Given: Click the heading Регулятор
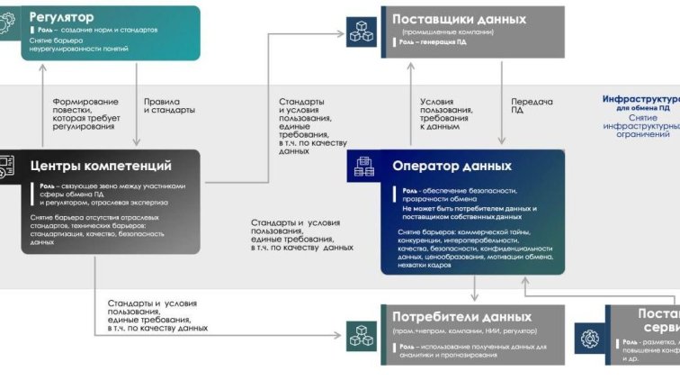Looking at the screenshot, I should (x=62, y=16).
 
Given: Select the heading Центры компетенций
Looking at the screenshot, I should (x=101, y=165).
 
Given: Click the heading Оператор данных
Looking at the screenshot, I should (x=452, y=166).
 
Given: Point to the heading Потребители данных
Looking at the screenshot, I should (x=461, y=317).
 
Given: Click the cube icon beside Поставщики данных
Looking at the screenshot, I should (x=362, y=32).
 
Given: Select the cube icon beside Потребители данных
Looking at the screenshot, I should (x=362, y=335).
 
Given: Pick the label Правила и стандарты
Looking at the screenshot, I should (x=169, y=105).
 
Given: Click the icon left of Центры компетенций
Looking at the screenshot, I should (x=6, y=167).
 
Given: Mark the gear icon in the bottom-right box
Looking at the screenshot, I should (x=590, y=339).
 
